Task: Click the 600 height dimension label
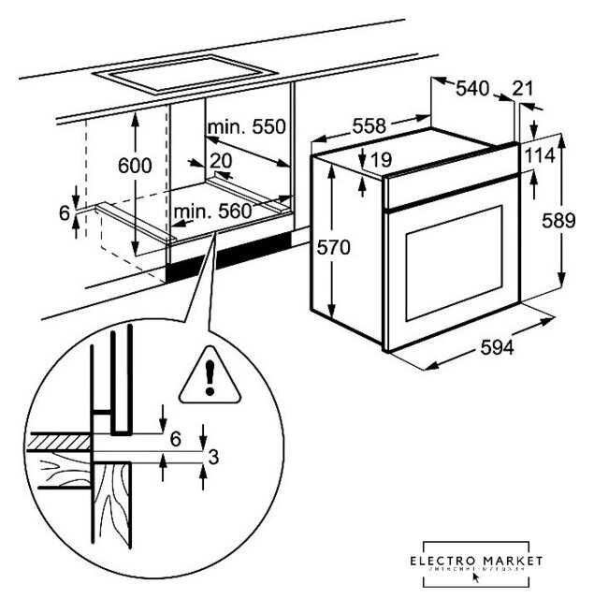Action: [135, 166]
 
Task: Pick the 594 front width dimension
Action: [496, 347]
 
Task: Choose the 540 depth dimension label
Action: [473, 88]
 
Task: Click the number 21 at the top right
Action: [524, 88]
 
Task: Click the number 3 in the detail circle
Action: [213, 458]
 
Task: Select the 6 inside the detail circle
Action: [175, 437]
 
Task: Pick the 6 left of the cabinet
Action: [65, 213]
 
